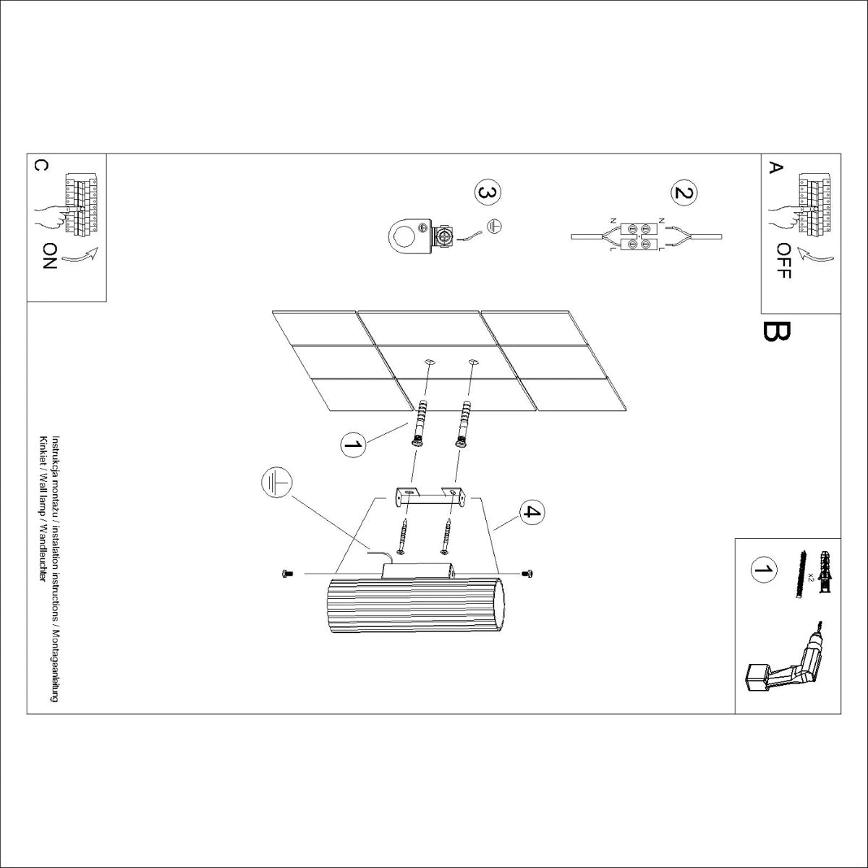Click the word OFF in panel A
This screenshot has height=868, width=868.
784,261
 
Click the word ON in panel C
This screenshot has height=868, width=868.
49,255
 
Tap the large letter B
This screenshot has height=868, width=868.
776,331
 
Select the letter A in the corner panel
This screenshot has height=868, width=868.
775,168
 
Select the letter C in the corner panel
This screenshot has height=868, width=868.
41,166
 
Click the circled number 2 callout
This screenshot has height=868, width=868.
684,193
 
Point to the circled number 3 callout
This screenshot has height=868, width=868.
488,193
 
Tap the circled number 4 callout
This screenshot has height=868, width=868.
531,512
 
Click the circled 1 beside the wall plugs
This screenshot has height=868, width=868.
352,444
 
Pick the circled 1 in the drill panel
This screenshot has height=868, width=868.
762,569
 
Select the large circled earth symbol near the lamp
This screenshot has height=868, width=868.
277,484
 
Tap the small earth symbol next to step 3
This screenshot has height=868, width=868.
495,226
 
